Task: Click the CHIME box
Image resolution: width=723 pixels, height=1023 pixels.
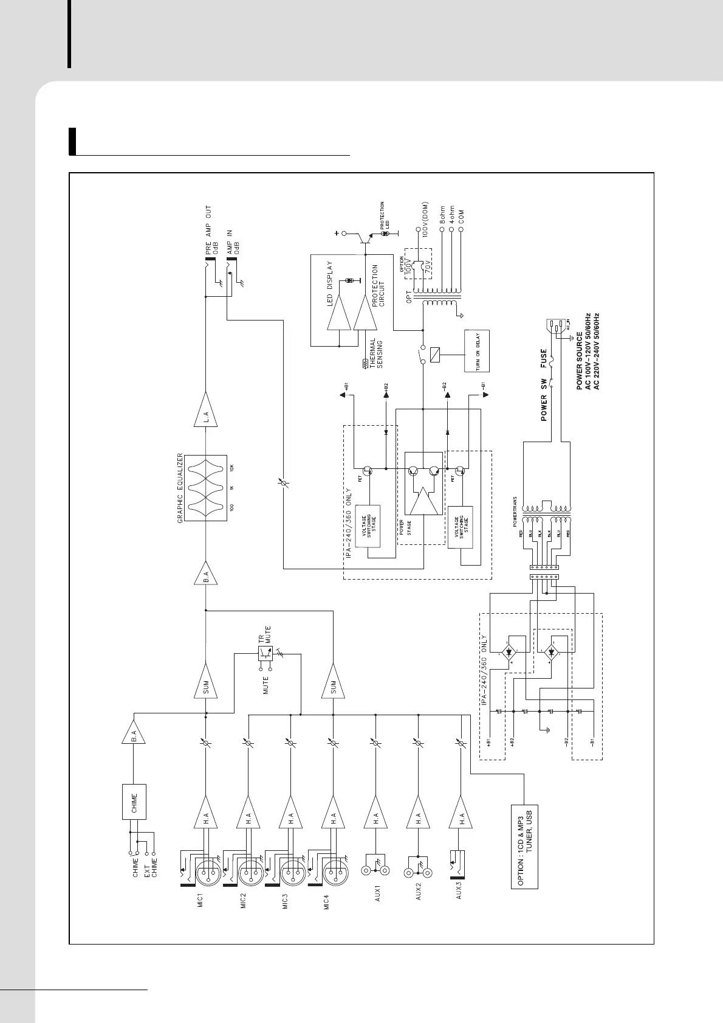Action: pos(134,803)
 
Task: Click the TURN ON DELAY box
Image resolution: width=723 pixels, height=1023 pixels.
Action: pos(476,351)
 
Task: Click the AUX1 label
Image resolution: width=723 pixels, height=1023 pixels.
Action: pos(377,897)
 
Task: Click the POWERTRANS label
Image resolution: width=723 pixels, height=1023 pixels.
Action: pos(515,513)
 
